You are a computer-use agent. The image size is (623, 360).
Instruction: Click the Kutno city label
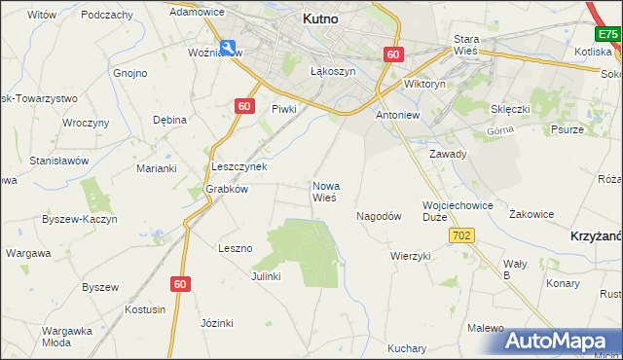pos(319,18)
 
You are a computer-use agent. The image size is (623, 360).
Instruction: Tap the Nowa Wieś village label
pos(324,191)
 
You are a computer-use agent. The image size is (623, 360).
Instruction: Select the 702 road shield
pos(461,236)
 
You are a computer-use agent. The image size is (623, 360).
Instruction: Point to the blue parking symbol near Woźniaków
pos(227,47)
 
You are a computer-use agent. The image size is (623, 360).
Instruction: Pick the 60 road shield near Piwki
pos(243,106)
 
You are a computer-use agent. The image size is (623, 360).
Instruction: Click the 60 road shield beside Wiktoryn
pos(392,55)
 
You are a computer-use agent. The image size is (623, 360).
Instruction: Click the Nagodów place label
pos(379,217)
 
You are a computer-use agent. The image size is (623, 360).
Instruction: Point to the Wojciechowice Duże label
pos(458,211)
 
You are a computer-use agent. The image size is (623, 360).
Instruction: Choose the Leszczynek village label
pos(239,166)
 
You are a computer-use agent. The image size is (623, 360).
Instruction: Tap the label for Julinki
pos(265,276)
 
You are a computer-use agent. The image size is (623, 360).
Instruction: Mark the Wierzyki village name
pos(410,256)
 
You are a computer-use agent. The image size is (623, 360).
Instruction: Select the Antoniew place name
pos(397,115)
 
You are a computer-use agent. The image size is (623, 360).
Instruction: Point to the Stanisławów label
pos(59,160)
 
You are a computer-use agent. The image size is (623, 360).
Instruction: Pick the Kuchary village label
pos(407,348)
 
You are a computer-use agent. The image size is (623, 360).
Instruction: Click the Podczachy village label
pos(107,15)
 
